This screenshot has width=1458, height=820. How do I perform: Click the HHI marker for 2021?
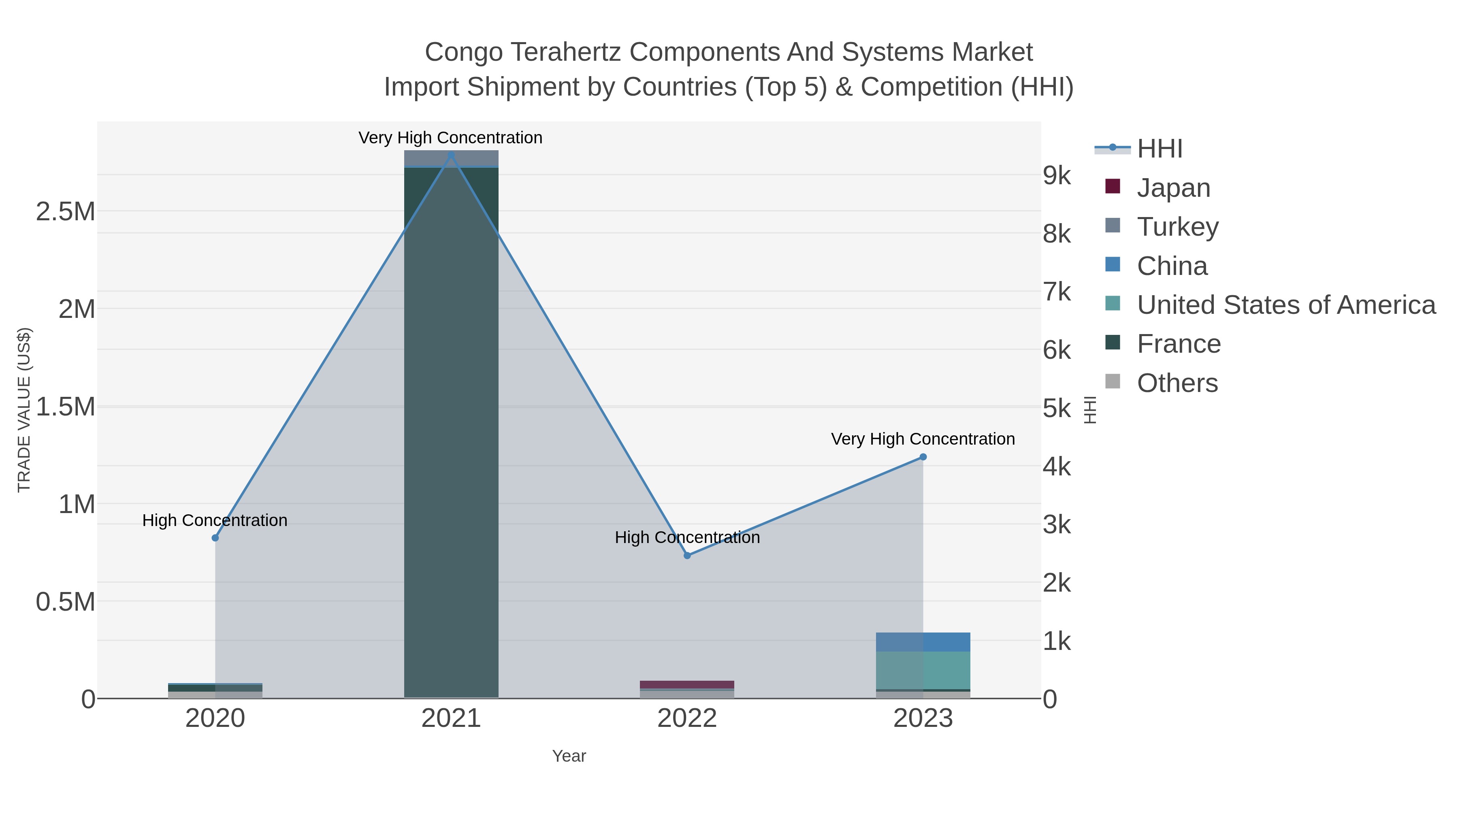pyautogui.click(x=451, y=155)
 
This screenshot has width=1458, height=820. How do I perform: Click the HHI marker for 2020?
pyautogui.click(x=215, y=538)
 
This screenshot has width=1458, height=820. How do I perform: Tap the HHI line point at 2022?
pyautogui.click(x=687, y=556)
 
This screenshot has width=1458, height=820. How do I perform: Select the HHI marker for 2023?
pyautogui.click(x=923, y=457)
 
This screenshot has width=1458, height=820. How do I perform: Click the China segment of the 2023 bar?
pyautogui.click(x=923, y=642)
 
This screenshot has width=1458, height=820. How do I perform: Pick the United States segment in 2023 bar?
pyautogui.click(x=923, y=671)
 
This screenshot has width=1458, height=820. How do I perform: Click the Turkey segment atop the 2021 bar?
pyautogui.click(x=451, y=158)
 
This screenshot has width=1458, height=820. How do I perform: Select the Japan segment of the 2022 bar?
pyautogui.click(x=687, y=685)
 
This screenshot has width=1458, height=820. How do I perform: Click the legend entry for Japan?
pyautogui.click(x=1173, y=188)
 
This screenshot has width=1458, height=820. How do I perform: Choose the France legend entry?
pyautogui.click(x=1179, y=344)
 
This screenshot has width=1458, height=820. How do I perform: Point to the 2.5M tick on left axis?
pyautogui.click(x=66, y=212)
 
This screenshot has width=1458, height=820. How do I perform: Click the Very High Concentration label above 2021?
pyautogui.click(x=450, y=138)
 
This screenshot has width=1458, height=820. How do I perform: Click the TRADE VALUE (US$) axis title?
pyautogui.click(x=24, y=410)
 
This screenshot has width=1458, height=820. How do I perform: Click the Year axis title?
pyautogui.click(x=569, y=756)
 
